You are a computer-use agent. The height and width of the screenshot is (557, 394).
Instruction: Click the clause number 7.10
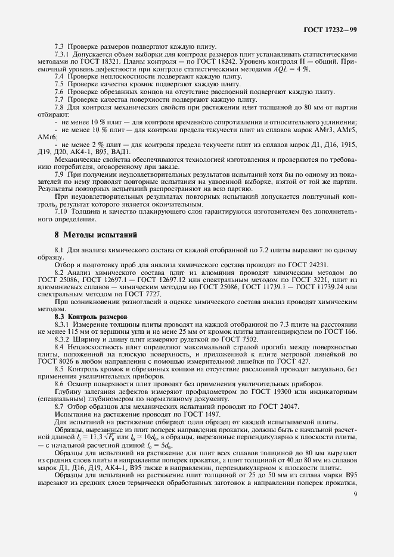(x=60, y=211)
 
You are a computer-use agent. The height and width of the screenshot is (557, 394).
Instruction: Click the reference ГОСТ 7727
(x=128, y=294)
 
